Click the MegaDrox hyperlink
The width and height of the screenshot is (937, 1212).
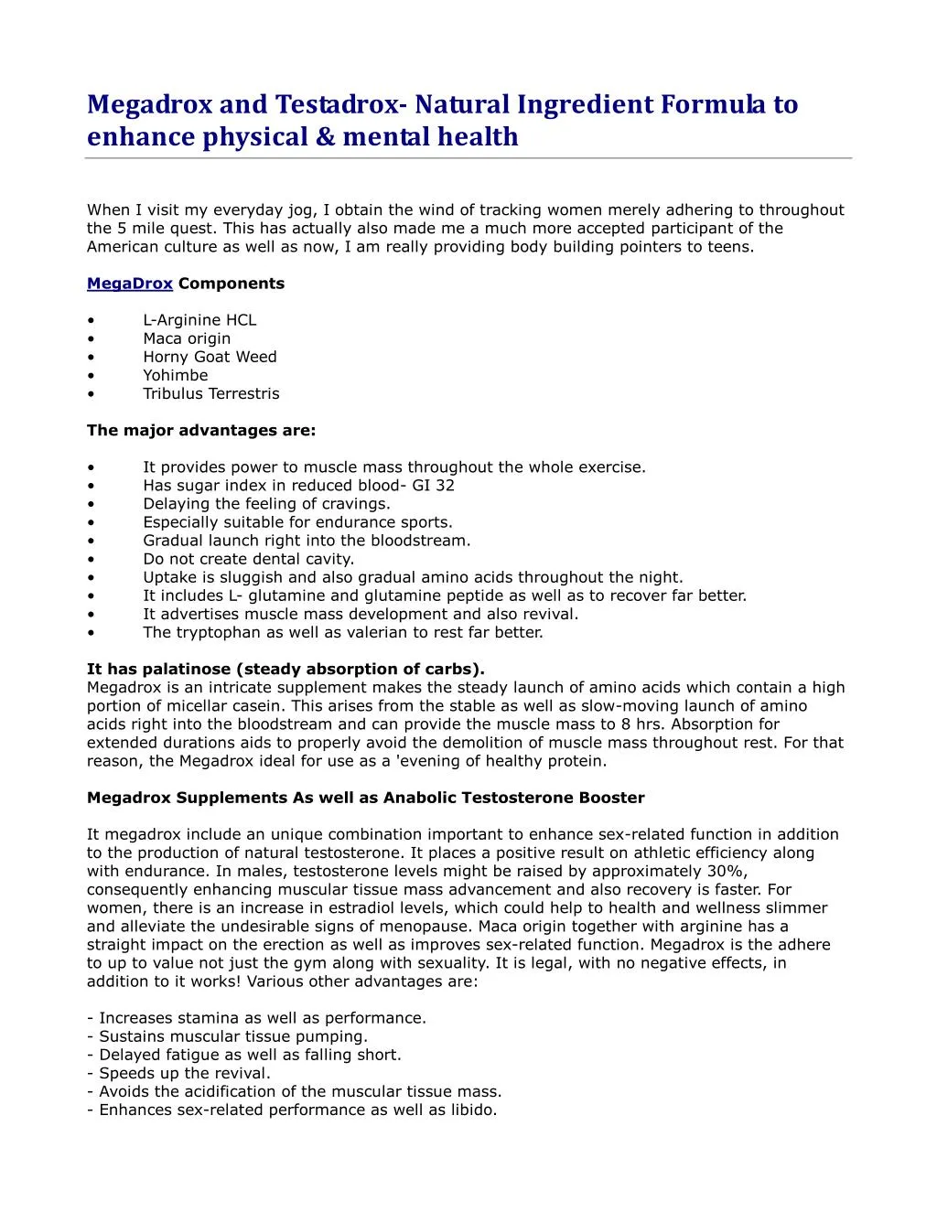(129, 284)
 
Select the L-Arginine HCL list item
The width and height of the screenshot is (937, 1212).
(199, 320)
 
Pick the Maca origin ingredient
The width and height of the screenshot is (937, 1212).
(187, 338)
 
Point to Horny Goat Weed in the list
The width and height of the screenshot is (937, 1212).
(210, 357)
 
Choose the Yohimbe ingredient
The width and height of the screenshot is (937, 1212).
(175, 375)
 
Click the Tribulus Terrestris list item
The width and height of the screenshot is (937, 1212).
(210, 393)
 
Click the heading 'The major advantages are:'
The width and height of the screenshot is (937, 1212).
(201, 430)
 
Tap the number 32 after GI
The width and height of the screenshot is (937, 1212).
(445, 486)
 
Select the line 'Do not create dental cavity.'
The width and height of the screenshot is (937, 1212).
(248, 559)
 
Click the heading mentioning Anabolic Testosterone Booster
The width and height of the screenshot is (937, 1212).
(366, 798)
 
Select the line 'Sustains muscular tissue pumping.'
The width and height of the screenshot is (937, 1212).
(232, 1036)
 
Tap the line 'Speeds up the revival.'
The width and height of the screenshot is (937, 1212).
(184, 1073)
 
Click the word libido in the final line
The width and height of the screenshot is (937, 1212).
(472, 1110)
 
